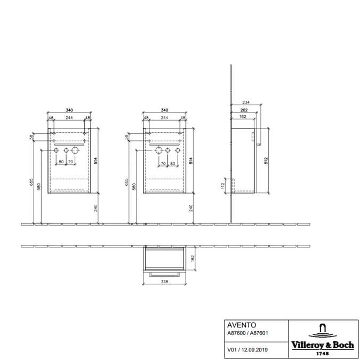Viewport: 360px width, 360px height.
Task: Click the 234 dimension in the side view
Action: click(246, 102)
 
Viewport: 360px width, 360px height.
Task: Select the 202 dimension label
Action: click(244, 110)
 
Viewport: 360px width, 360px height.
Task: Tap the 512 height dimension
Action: click(266, 161)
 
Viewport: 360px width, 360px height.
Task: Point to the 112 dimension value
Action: click(222, 186)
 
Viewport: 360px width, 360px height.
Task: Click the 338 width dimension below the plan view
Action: click(165, 282)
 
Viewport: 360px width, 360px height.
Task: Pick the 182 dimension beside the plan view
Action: click(193, 258)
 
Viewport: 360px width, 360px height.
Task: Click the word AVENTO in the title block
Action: click(242, 325)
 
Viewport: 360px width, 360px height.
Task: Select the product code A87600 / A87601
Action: click(247, 333)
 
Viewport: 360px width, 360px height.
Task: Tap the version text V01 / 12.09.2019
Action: click(247, 350)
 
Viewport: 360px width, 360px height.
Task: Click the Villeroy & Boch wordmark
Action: click(323, 345)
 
